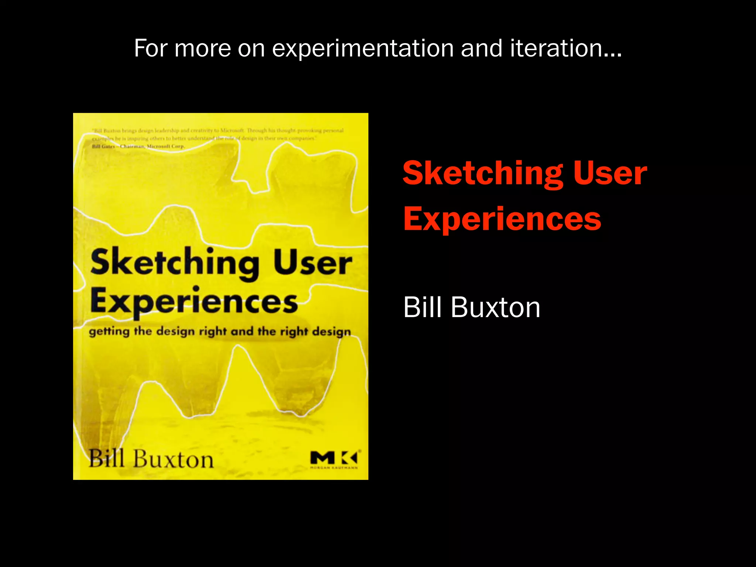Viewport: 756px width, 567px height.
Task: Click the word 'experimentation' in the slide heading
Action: (x=363, y=49)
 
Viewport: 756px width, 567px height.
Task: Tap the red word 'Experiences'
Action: (x=502, y=219)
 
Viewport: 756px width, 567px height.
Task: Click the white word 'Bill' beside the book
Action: (x=423, y=307)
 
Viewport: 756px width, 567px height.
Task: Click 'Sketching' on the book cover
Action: (x=175, y=263)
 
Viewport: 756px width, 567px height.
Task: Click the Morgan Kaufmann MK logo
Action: (x=334, y=459)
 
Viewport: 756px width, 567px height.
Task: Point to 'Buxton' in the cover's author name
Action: (x=173, y=460)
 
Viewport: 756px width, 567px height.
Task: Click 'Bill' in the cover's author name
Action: (x=107, y=459)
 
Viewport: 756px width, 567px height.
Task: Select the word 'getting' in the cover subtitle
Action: (x=109, y=331)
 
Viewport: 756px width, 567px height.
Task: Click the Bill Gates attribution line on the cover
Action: (x=138, y=147)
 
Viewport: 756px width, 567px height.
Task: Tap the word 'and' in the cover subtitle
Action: (x=242, y=331)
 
